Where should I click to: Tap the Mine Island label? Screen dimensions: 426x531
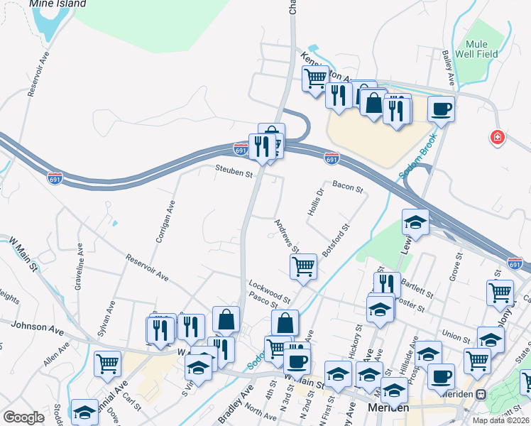(x=58, y=4)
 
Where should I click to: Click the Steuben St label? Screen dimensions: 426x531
(x=235, y=173)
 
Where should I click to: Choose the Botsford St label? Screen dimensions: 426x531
(x=336, y=241)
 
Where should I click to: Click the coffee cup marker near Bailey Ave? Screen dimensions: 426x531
(x=440, y=109)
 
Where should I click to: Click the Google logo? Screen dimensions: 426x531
(x=23, y=417)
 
